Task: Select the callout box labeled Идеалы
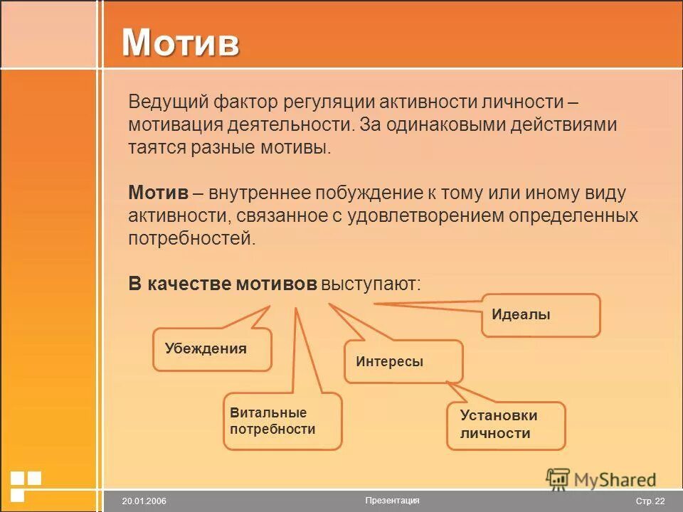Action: point(541,315)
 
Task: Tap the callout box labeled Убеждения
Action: point(212,349)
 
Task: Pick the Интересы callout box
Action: point(403,361)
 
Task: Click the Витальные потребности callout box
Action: point(282,421)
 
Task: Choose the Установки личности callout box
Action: point(506,425)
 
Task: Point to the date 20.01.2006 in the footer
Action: point(144,501)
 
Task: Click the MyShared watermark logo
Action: point(601,479)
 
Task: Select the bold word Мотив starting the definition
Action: point(158,193)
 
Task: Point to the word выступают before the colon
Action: point(369,284)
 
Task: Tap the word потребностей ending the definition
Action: point(191,238)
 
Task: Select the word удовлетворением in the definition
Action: point(425,215)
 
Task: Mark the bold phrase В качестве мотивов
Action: point(222,284)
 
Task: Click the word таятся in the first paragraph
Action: point(156,147)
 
